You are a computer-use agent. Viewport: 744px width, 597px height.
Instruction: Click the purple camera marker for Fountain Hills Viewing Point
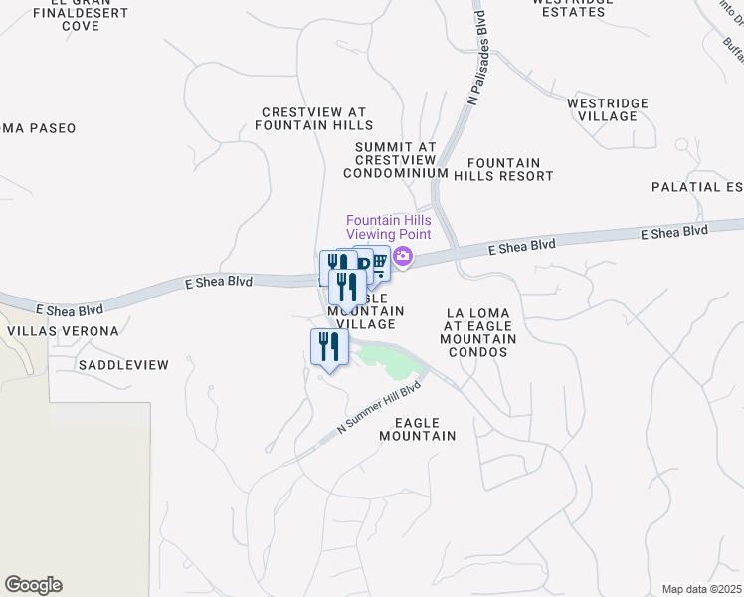(403, 257)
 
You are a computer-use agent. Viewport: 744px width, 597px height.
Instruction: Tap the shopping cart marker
(378, 262)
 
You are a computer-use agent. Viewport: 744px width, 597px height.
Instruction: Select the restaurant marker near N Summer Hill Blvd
(327, 346)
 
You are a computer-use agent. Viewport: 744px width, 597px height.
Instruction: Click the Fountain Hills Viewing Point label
(389, 227)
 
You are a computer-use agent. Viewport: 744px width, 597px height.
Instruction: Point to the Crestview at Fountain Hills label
(314, 119)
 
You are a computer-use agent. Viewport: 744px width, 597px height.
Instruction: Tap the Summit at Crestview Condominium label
(395, 160)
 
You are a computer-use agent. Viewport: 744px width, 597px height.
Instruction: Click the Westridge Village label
(607, 109)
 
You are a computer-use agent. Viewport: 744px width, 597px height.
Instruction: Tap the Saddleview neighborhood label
(124, 365)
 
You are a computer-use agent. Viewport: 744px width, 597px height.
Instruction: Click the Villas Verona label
(63, 331)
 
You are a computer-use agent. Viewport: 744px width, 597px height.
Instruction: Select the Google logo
(33, 585)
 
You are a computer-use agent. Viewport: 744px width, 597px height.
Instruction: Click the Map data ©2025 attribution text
(702, 589)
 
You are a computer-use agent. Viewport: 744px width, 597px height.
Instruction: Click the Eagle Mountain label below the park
(418, 429)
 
